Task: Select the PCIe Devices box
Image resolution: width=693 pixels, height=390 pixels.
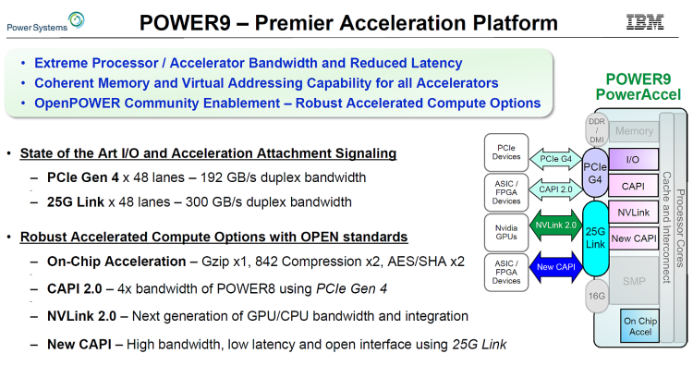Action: coord(506,150)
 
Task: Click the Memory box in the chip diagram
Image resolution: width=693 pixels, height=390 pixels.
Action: coord(634,132)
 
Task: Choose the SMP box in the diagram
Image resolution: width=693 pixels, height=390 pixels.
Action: coord(633,280)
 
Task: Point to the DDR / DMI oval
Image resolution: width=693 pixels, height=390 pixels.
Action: coord(595,128)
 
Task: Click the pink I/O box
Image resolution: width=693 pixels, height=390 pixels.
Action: coord(633,159)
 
